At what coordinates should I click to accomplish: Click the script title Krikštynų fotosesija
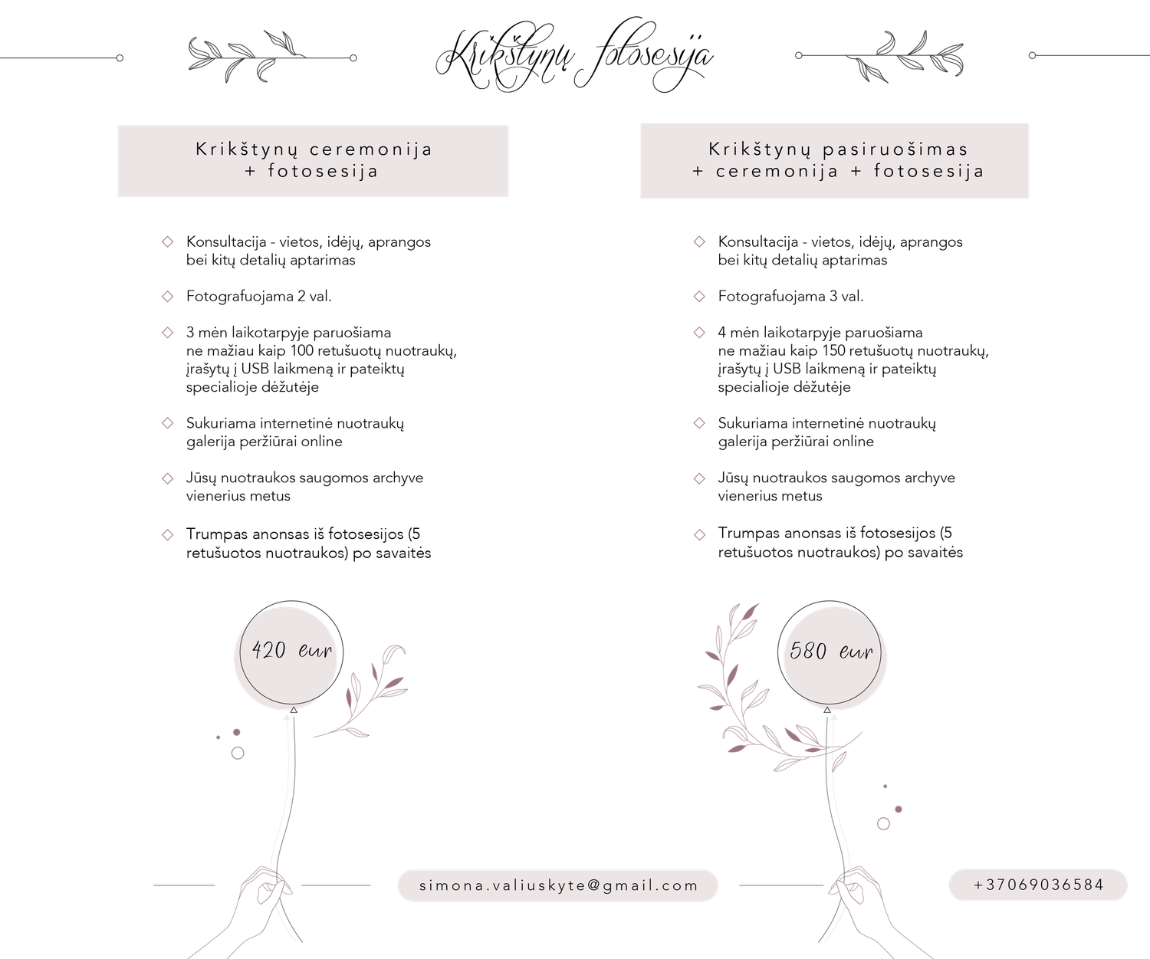(x=574, y=55)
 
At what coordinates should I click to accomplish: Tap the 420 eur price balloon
(x=291, y=652)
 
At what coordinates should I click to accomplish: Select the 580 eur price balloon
(x=830, y=652)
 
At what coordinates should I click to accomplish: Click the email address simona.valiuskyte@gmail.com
(x=558, y=885)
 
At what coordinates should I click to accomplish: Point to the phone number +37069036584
(x=1038, y=885)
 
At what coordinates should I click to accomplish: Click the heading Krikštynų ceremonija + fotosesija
(x=314, y=159)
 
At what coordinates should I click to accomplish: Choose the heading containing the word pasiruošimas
(x=838, y=159)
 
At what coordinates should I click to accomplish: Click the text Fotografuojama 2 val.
(x=259, y=297)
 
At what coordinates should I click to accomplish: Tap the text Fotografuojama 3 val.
(x=790, y=297)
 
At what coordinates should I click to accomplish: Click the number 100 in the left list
(x=302, y=351)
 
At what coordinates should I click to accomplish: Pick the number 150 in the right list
(x=833, y=351)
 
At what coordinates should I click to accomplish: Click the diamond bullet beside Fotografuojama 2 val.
(x=167, y=297)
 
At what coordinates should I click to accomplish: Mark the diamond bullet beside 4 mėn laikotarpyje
(x=699, y=332)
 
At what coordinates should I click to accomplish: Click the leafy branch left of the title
(x=245, y=57)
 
